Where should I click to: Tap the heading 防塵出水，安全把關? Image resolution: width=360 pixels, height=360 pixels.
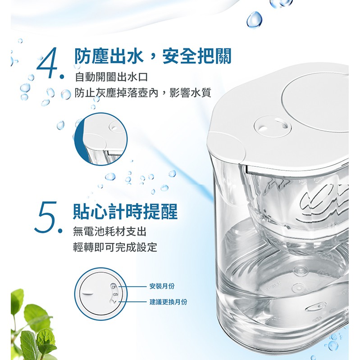(152, 56)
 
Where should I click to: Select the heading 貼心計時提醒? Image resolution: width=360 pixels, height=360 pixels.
(125, 211)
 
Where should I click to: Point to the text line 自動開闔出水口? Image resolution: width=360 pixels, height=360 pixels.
(111, 77)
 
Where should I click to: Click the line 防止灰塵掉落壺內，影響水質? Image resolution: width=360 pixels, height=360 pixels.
(143, 93)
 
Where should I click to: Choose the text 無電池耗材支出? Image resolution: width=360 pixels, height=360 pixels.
(109, 232)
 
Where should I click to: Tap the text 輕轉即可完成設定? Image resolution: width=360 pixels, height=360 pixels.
(115, 247)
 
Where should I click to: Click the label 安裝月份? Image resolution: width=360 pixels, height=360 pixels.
(162, 286)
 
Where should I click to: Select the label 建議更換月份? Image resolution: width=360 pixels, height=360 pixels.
(169, 302)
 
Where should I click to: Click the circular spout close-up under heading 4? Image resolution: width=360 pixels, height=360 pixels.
(101, 139)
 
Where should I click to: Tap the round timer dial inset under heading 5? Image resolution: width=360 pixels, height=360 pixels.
(100, 294)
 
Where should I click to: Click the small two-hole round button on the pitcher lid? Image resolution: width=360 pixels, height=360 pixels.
(273, 126)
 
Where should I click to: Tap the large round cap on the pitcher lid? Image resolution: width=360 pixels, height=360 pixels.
(315, 101)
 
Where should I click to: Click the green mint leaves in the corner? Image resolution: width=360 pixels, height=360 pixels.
(33, 326)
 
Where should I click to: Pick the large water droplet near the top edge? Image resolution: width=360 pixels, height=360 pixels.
(255, 19)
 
